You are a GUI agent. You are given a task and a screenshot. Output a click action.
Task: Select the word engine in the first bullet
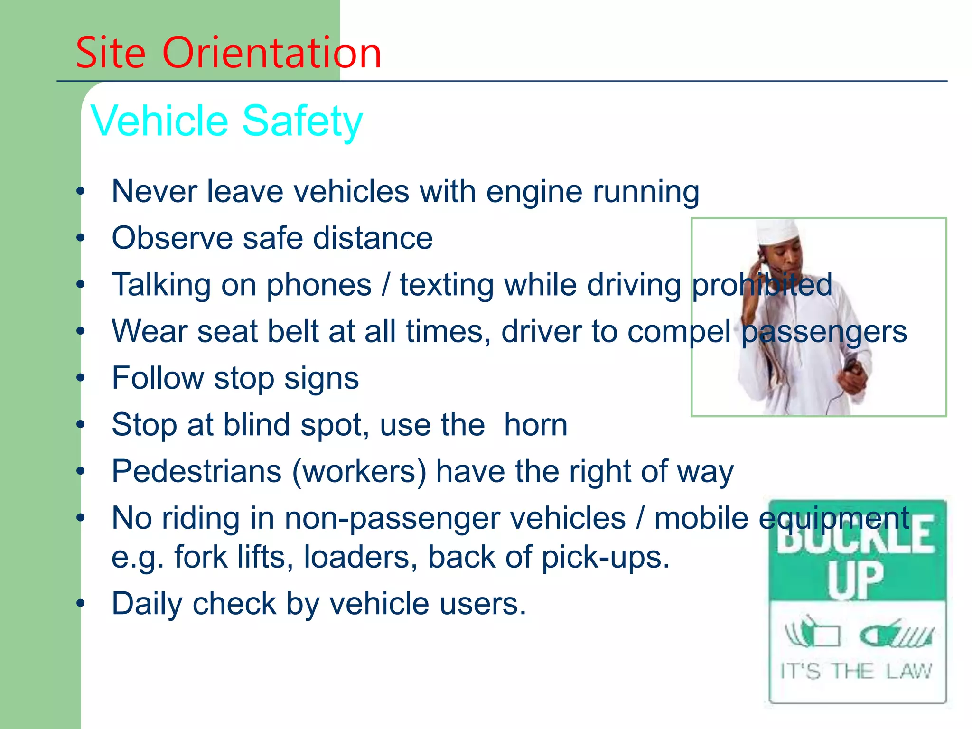pyautogui.click(x=534, y=192)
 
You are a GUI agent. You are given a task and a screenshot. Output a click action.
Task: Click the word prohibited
pyautogui.click(x=762, y=285)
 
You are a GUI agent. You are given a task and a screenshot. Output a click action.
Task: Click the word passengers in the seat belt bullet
pyautogui.click(x=824, y=332)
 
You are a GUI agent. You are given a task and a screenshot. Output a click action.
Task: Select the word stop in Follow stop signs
pyautogui.click(x=244, y=378)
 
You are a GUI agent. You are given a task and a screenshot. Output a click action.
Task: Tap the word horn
pyautogui.click(x=535, y=424)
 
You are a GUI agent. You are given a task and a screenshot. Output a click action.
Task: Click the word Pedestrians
pyautogui.click(x=196, y=471)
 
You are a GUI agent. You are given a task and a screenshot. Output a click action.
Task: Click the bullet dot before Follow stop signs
pyautogui.click(x=81, y=378)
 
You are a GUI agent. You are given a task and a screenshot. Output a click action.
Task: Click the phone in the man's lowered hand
pyautogui.click(x=851, y=366)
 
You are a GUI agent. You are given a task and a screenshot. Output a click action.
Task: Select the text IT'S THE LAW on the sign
pyautogui.click(x=856, y=672)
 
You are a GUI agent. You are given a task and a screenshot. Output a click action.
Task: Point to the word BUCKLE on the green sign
pyautogui.click(x=856, y=536)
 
